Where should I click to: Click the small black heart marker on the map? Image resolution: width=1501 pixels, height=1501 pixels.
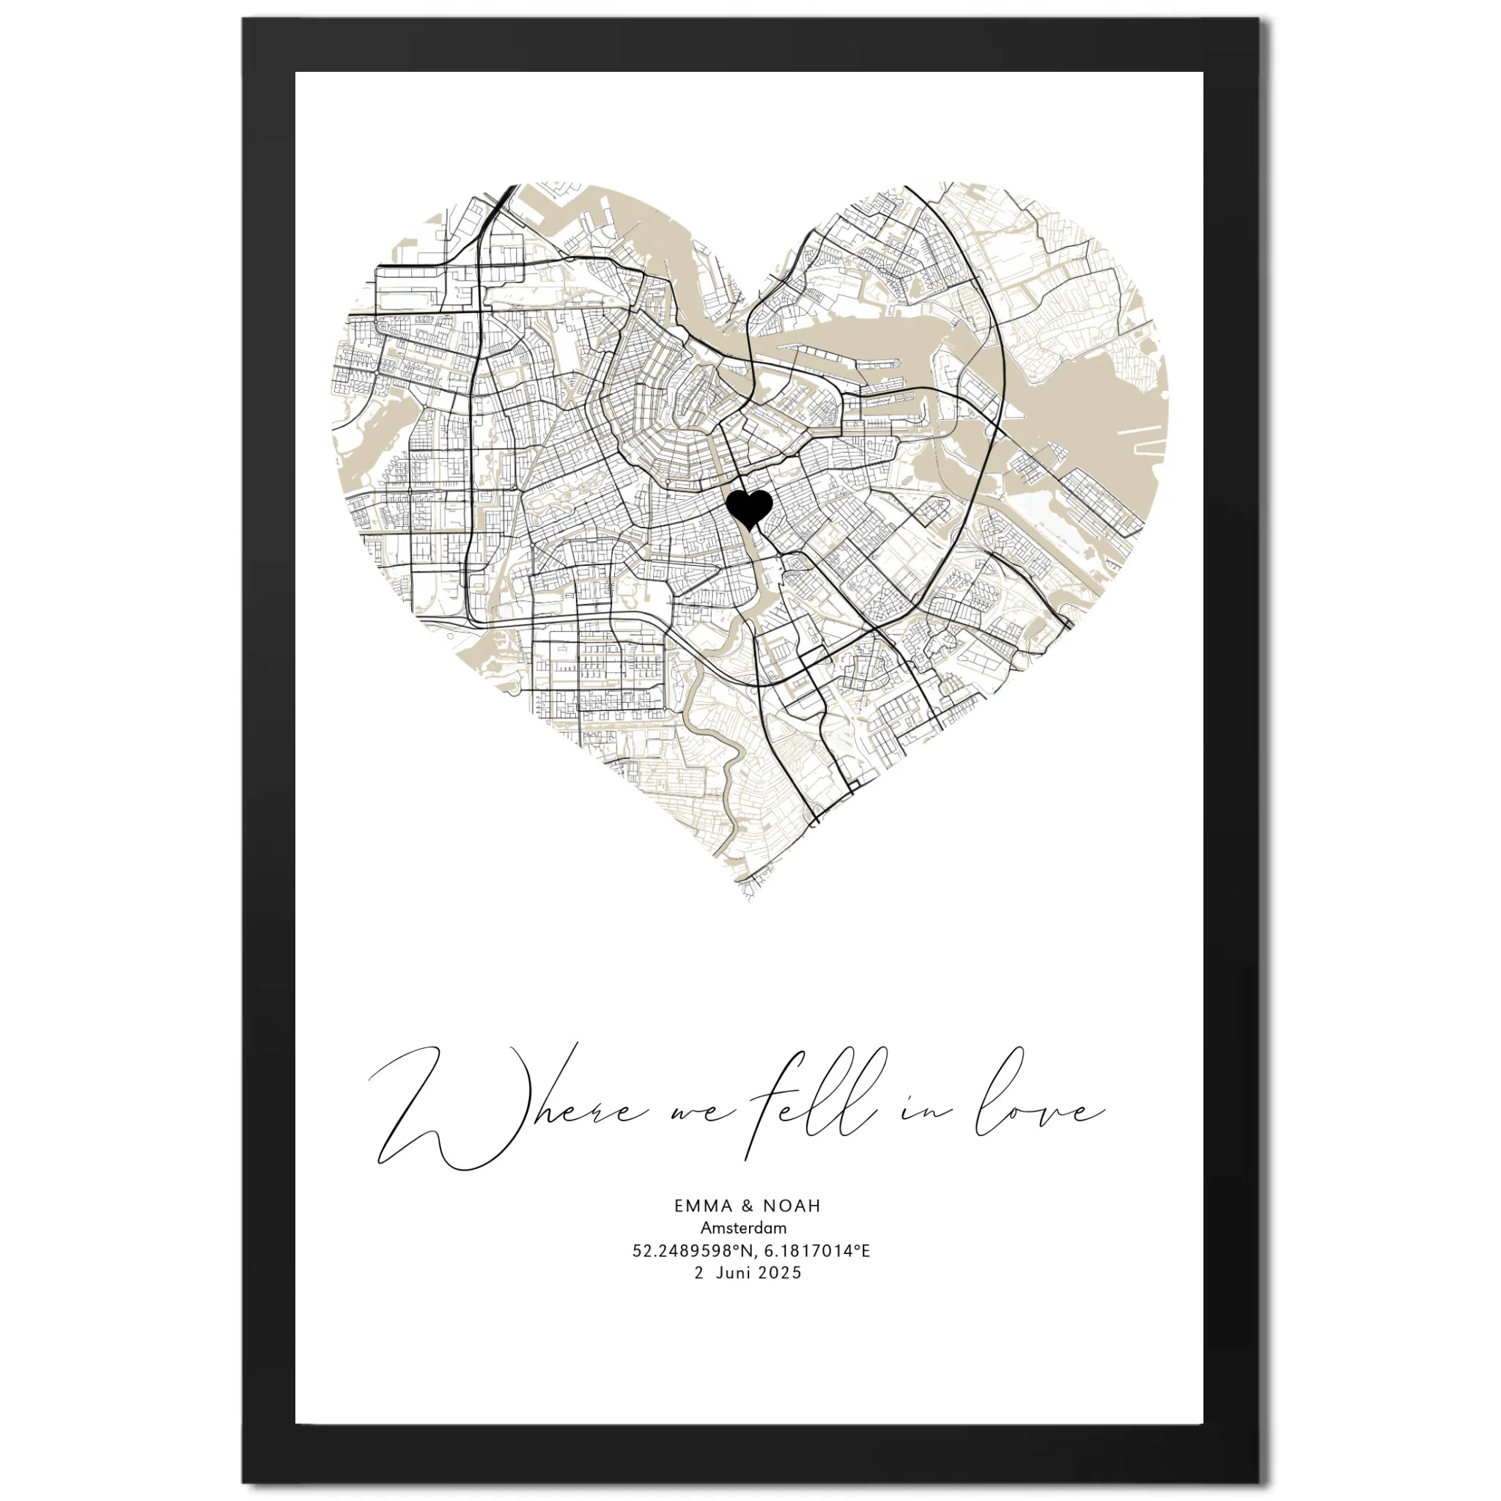coord(749,508)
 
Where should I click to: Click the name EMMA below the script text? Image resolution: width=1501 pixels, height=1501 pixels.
coord(703,1206)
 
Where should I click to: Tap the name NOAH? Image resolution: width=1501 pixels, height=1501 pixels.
coord(792,1206)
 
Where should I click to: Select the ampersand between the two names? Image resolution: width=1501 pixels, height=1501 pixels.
coord(748,1206)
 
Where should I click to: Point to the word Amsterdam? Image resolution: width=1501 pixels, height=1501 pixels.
coord(743,1228)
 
